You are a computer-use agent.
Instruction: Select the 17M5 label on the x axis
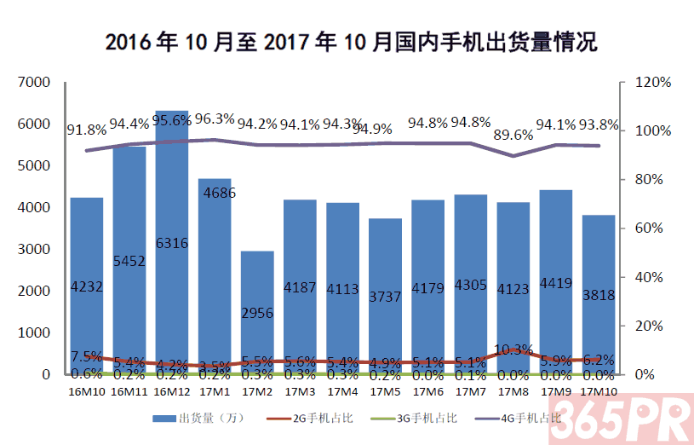pos(385,390)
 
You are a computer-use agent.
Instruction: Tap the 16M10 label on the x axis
pos(86,390)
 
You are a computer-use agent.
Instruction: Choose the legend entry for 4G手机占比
pos(518,418)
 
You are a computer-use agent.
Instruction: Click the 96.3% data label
pos(215,119)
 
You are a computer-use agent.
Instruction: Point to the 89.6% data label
pos(513,135)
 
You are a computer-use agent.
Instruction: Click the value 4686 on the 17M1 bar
pos(215,193)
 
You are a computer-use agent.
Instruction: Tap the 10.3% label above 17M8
pos(513,349)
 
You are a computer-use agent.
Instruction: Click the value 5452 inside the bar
pos(129,262)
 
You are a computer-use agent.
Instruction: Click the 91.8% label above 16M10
pos(87,130)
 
